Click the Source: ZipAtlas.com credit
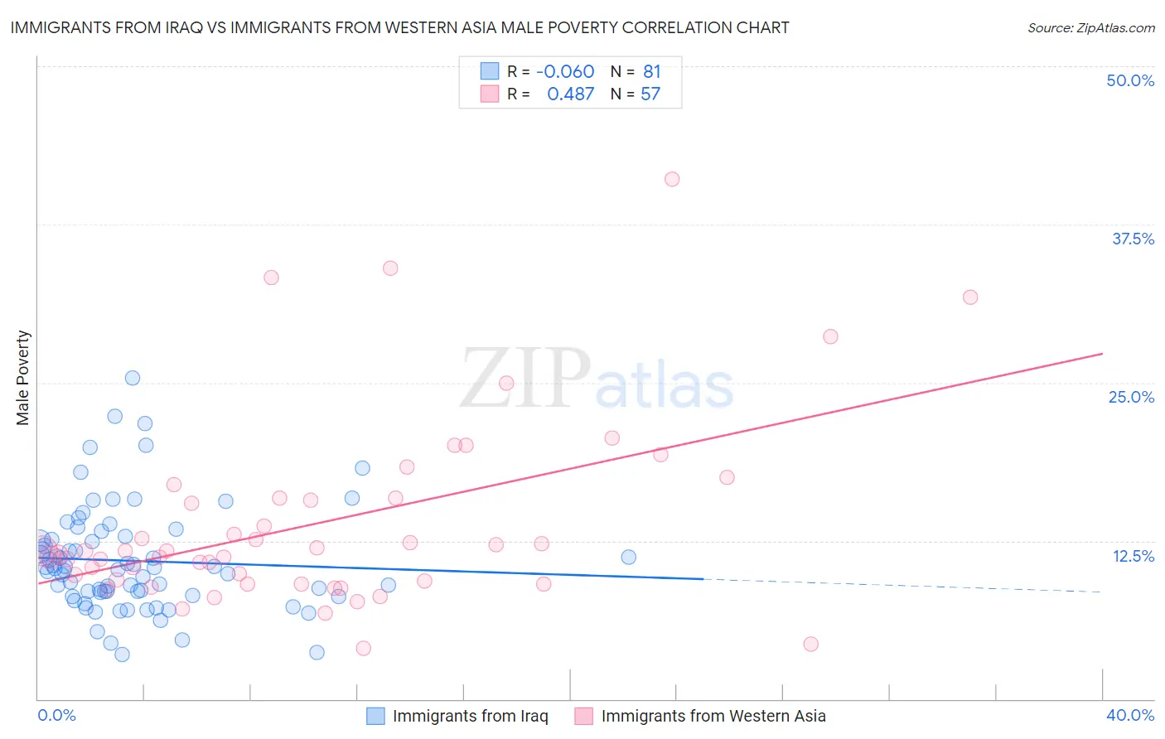tap(1090, 27)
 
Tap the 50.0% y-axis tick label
tap(1130, 80)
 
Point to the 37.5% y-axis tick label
tap(1133, 239)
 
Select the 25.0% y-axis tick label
tap(1131, 397)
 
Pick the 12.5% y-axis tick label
tap(1133, 556)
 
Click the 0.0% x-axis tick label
tap(56, 715)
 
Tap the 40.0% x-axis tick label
tap(1130, 715)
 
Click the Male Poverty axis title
tap(23, 378)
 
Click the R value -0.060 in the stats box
tap(565, 72)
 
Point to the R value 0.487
tap(570, 94)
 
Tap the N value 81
tap(651, 72)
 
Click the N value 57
tap(650, 94)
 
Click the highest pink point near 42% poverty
tap(672, 179)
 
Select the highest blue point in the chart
tap(133, 378)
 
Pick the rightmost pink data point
tap(970, 297)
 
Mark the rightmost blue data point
tap(629, 557)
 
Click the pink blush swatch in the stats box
tap(490, 94)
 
